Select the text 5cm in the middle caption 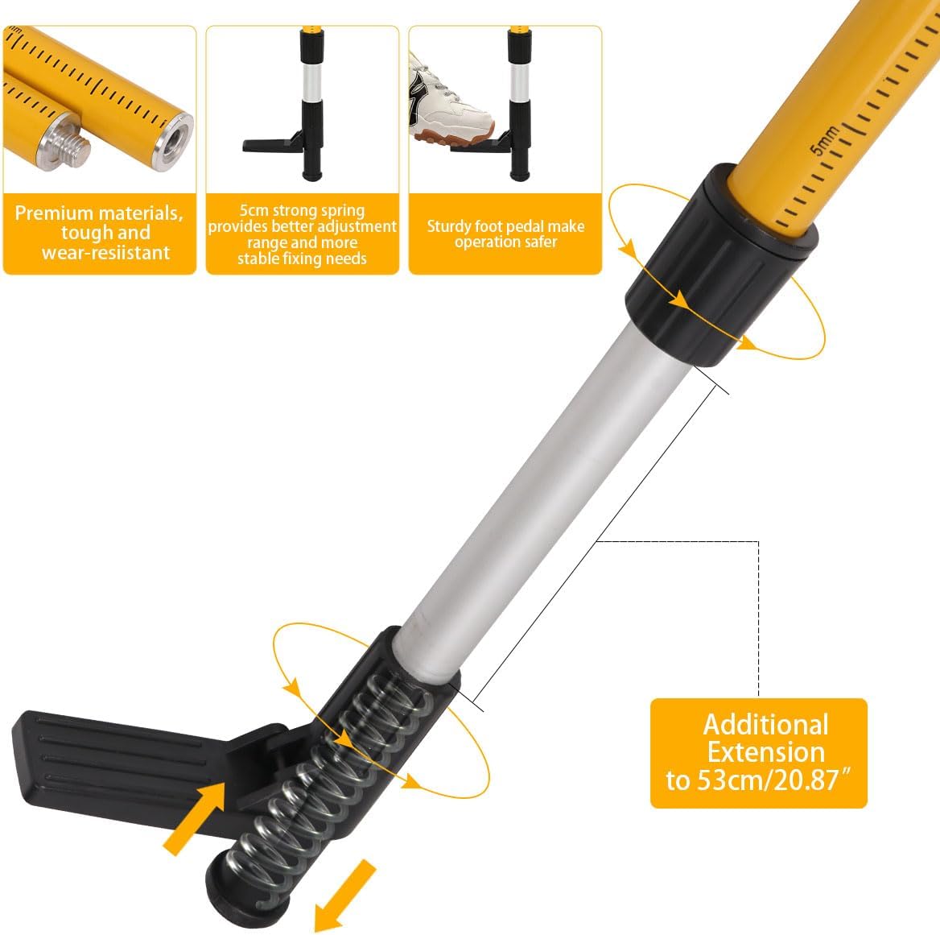255,211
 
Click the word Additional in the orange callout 765,724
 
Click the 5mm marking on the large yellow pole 824,139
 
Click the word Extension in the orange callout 765,752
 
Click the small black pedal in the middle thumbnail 270,145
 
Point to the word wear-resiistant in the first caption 105,252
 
